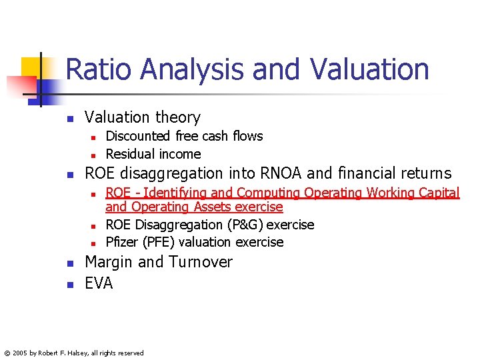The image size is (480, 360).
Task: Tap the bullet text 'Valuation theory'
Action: click(x=142, y=117)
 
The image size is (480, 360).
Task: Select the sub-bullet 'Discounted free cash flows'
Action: click(x=184, y=136)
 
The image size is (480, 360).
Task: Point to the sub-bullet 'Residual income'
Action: click(x=153, y=154)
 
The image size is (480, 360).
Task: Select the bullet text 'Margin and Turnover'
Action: click(x=158, y=262)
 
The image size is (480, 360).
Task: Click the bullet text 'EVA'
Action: click(x=99, y=283)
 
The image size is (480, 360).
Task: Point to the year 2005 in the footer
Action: click(x=21, y=353)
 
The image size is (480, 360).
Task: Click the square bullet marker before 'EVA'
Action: click(x=69, y=285)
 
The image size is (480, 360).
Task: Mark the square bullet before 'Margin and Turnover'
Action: click(x=69, y=263)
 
